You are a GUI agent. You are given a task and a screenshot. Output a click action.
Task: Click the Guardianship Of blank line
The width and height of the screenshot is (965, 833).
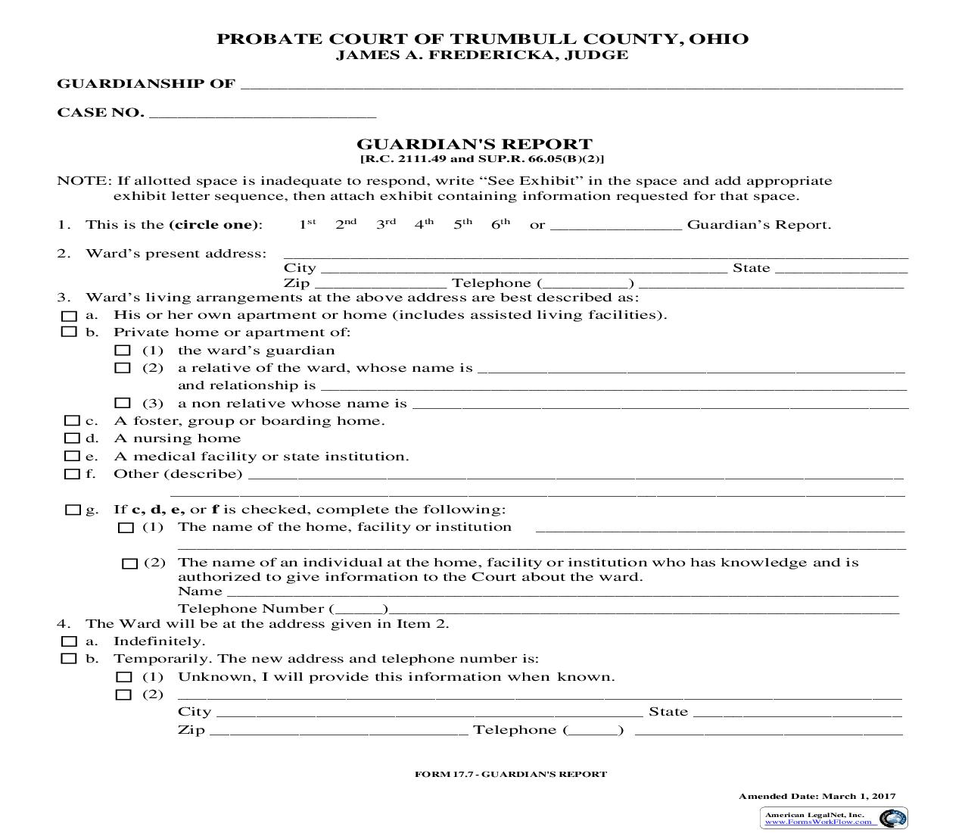[x=571, y=84]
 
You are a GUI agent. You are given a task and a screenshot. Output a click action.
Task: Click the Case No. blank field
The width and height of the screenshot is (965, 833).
[x=263, y=113]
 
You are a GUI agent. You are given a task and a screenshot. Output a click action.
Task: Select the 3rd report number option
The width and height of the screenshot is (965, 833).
[x=385, y=225]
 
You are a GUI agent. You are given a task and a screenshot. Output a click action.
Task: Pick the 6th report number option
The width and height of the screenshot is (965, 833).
[x=500, y=225]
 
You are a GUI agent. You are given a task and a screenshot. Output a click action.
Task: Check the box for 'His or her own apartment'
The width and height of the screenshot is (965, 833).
[x=70, y=316]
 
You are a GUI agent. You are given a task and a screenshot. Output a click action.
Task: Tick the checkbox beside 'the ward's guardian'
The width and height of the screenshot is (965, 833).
[x=123, y=351]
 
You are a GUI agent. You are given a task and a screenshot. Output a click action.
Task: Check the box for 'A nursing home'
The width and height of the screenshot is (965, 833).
[x=72, y=438]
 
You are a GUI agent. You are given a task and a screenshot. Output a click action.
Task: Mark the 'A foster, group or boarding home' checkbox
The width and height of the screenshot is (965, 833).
[x=72, y=421]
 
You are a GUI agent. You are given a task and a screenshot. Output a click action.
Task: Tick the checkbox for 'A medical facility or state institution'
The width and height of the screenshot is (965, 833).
[x=72, y=457]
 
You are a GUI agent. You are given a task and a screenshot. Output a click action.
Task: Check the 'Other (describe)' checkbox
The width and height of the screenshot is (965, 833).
[x=72, y=474]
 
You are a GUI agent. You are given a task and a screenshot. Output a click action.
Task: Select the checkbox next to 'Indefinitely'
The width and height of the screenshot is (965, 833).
[x=69, y=641]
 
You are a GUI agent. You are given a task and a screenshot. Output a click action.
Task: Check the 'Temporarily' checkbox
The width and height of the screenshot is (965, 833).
[x=69, y=659]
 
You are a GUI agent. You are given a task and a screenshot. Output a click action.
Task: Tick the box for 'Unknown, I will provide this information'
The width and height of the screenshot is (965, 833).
[x=123, y=677]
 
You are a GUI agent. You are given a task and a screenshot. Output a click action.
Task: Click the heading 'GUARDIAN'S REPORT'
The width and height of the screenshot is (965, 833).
[x=475, y=144]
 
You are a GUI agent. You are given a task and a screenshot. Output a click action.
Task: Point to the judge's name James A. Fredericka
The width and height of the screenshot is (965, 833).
[x=482, y=55]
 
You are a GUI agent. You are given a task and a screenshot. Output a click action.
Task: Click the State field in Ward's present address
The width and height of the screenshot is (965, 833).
[x=841, y=268]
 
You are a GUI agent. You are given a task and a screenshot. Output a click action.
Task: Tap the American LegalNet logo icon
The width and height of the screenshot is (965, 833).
[x=893, y=818]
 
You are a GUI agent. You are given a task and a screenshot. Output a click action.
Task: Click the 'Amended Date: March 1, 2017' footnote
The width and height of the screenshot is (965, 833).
[x=817, y=796]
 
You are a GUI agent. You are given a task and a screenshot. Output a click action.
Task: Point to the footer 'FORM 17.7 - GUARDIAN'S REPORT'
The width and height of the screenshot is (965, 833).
[x=511, y=774]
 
